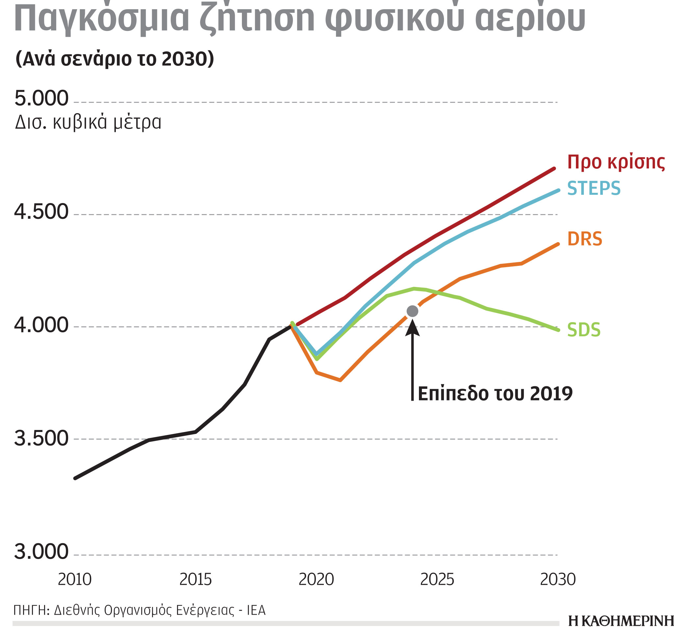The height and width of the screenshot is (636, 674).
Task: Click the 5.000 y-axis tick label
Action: click(x=41, y=98)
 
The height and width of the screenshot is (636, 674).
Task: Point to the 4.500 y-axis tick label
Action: click(x=41, y=212)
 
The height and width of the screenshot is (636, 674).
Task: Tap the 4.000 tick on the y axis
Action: click(x=41, y=325)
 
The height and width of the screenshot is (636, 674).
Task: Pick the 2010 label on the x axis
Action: click(x=75, y=579)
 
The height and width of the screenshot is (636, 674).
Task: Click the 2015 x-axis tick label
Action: click(x=195, y=579)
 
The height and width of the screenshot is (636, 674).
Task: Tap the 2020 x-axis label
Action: click(x=316, y=579)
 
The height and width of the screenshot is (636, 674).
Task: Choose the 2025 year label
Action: click(x=437, y=579)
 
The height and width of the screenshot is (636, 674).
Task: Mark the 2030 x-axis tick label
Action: click(x=558, y=579)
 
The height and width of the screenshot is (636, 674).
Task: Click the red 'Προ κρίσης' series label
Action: click(x=616, y=162)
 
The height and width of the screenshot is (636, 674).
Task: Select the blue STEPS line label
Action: click(x=594, y=188)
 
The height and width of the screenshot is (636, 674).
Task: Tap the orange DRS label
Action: click(x=585, y=239)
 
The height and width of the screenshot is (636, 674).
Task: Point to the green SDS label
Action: click(x=584, y=330)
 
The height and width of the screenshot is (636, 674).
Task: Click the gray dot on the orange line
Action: click(x=412, y=311)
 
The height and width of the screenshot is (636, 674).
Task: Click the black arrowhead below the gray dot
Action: click(x=412, y=328)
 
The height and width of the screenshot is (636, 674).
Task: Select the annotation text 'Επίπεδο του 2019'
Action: click(x=495, y=394)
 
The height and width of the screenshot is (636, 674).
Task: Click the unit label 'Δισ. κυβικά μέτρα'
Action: click(x=88, y=122)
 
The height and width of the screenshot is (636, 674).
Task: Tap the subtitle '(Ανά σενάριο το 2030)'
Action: click(x=115, y=59)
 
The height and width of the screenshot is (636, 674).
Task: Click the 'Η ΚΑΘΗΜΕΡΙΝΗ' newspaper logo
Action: click(x=621, y=621)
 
